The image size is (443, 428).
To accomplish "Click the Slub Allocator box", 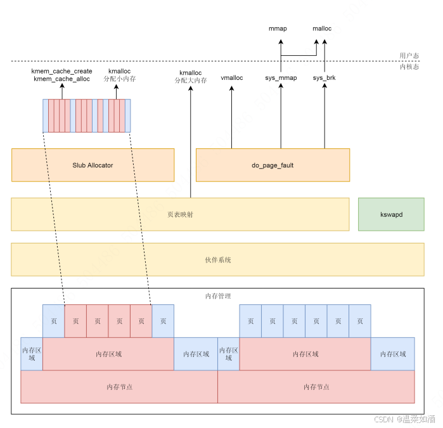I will (93, 165).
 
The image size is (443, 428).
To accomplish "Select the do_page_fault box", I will (273, 165).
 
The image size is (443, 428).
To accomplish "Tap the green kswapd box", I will (391, 214).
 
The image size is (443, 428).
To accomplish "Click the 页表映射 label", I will (180, 214).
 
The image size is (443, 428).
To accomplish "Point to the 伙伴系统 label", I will (217, 259).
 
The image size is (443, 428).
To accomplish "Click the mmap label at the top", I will (279, 29).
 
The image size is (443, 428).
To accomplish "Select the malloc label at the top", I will (322, 29).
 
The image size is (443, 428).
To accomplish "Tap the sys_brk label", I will (324, 78).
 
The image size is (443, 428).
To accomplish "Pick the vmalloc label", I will (231, 78).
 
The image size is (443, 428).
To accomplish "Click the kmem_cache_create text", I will (61, 71).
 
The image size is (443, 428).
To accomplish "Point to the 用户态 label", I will (409, 56).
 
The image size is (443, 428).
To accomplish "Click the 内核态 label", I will (409, 67).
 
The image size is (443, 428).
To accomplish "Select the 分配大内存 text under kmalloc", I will (191, 81).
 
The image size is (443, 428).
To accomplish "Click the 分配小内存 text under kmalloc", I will (120, 79).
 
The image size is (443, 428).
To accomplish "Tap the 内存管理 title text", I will (218, 296).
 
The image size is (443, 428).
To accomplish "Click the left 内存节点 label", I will (119, 387).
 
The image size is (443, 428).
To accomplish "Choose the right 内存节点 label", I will (316, 387).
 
